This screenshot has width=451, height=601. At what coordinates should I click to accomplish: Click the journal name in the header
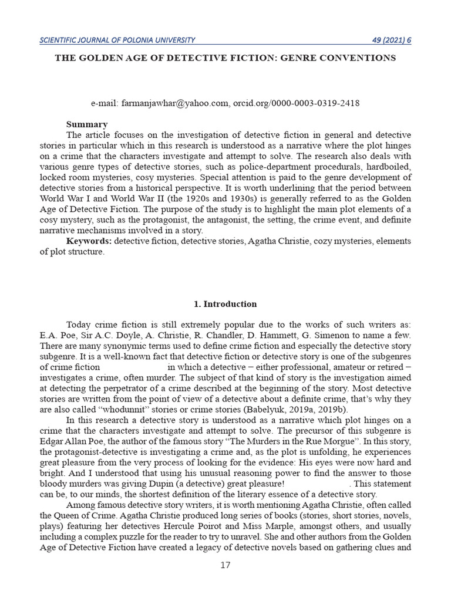pos(117,40)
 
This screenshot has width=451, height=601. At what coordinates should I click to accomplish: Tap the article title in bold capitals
pos(225,58)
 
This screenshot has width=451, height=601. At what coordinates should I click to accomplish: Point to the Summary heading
pos(87,124)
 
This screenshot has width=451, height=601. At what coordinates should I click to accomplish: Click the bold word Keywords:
pos(89,241)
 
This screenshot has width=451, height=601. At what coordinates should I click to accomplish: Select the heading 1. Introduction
pos(225,304)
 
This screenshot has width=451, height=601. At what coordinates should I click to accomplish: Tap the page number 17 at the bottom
pos(225,565)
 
